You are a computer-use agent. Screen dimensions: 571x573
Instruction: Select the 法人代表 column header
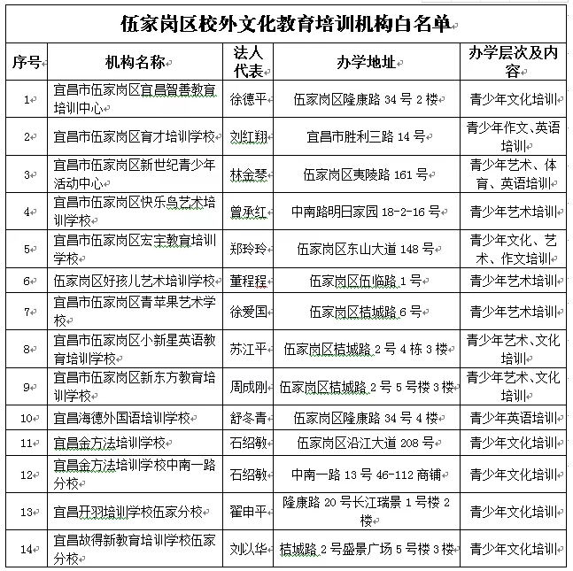click(x=247, y=61)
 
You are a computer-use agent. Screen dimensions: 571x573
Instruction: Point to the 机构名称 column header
click(x=136, y=61)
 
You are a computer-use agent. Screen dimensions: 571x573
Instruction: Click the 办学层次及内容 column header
click(x=513, y=61)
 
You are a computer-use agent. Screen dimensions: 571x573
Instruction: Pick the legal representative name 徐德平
click(x=247, y=99)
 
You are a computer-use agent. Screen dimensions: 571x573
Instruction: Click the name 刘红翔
click(x=247, y=137)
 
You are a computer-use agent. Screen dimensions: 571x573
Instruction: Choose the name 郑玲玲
click(x=247, y=251)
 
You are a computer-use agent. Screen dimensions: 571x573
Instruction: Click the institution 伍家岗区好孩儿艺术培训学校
click(x=135, y=281)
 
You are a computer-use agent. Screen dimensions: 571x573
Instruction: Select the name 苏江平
click(x=247, y=350)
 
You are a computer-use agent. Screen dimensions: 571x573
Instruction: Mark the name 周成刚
click(x=247, y=387)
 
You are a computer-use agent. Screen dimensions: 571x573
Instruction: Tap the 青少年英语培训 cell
click(x=513, y=417)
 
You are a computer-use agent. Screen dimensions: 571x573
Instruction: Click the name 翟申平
click(x=247, y=511)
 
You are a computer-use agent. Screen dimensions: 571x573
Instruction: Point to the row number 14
click(x=27, y=549)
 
